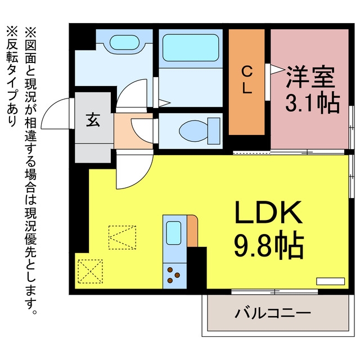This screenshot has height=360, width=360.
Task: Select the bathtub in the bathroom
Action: pyautogui.click(x=190, y=48)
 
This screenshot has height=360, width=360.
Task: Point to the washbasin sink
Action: pyautogui.click(x=124, y=42)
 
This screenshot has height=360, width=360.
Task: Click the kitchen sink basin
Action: pyautogui.click(x=173, y=232)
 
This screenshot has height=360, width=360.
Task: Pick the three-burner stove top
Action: pyautogui.click(x=174, y=276)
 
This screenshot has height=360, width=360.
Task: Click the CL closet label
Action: pyautogui.click(x=247, y=80)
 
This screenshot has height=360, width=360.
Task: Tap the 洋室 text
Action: pyautogui.click(x=310, y=77)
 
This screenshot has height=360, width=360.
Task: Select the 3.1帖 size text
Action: pyautogui.click(x=313, y=103)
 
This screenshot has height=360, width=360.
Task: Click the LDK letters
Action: pyautogui.click(x=268, y=213)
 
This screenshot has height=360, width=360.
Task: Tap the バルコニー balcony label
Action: pyautogui.click(x=272, y=313)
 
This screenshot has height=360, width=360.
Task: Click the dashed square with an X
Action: pyautogui.click(x=90, y=271)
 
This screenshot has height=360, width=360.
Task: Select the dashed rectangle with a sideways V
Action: pyautogui.click(x=123, y=237)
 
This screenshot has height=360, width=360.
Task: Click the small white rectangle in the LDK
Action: pyautogui.click(x=331, y=281)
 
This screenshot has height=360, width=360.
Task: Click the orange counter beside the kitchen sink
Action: pyautogui.click(x=192, y=231)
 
